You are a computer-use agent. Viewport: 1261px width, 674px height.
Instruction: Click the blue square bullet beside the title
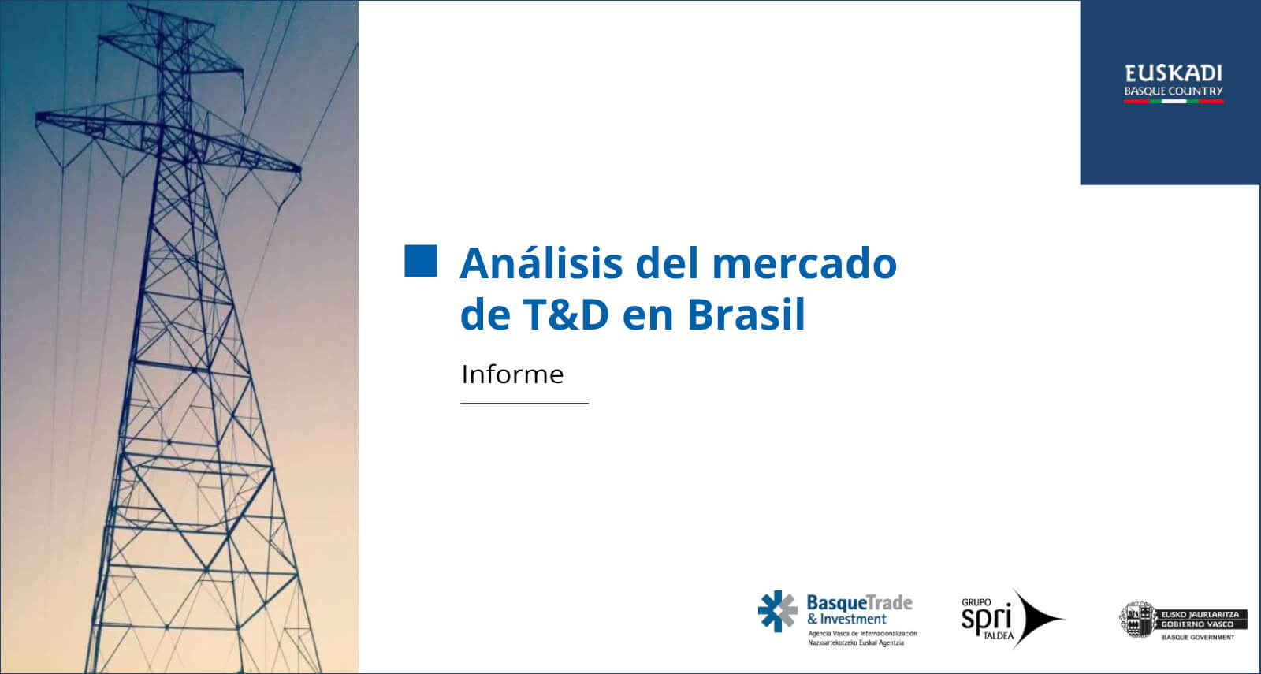421,261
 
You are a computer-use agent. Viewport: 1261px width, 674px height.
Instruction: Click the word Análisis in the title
541,263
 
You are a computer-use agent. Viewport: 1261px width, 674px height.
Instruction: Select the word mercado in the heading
805,263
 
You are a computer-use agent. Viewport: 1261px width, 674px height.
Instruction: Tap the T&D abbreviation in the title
566,315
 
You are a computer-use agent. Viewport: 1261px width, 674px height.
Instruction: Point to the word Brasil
746,314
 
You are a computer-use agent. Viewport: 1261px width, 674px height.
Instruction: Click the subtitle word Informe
512,374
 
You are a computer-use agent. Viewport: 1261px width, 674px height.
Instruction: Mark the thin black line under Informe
525,403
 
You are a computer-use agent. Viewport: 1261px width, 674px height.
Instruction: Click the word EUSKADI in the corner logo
1174,74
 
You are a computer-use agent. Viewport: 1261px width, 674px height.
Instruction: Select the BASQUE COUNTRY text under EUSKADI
1174,91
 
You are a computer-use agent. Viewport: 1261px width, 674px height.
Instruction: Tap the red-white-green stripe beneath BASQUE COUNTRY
1174,102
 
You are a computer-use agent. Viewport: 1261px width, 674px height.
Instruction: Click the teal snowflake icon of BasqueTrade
777,611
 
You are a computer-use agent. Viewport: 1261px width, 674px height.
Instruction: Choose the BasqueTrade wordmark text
860,602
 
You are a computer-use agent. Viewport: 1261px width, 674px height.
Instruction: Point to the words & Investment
846,620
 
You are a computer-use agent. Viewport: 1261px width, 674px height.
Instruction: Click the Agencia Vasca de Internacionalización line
862,634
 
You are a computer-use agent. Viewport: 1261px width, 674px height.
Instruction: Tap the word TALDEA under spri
998,635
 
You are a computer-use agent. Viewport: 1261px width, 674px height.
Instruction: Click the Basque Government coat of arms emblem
1137,620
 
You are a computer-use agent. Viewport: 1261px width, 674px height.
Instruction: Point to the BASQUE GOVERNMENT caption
1199,638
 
